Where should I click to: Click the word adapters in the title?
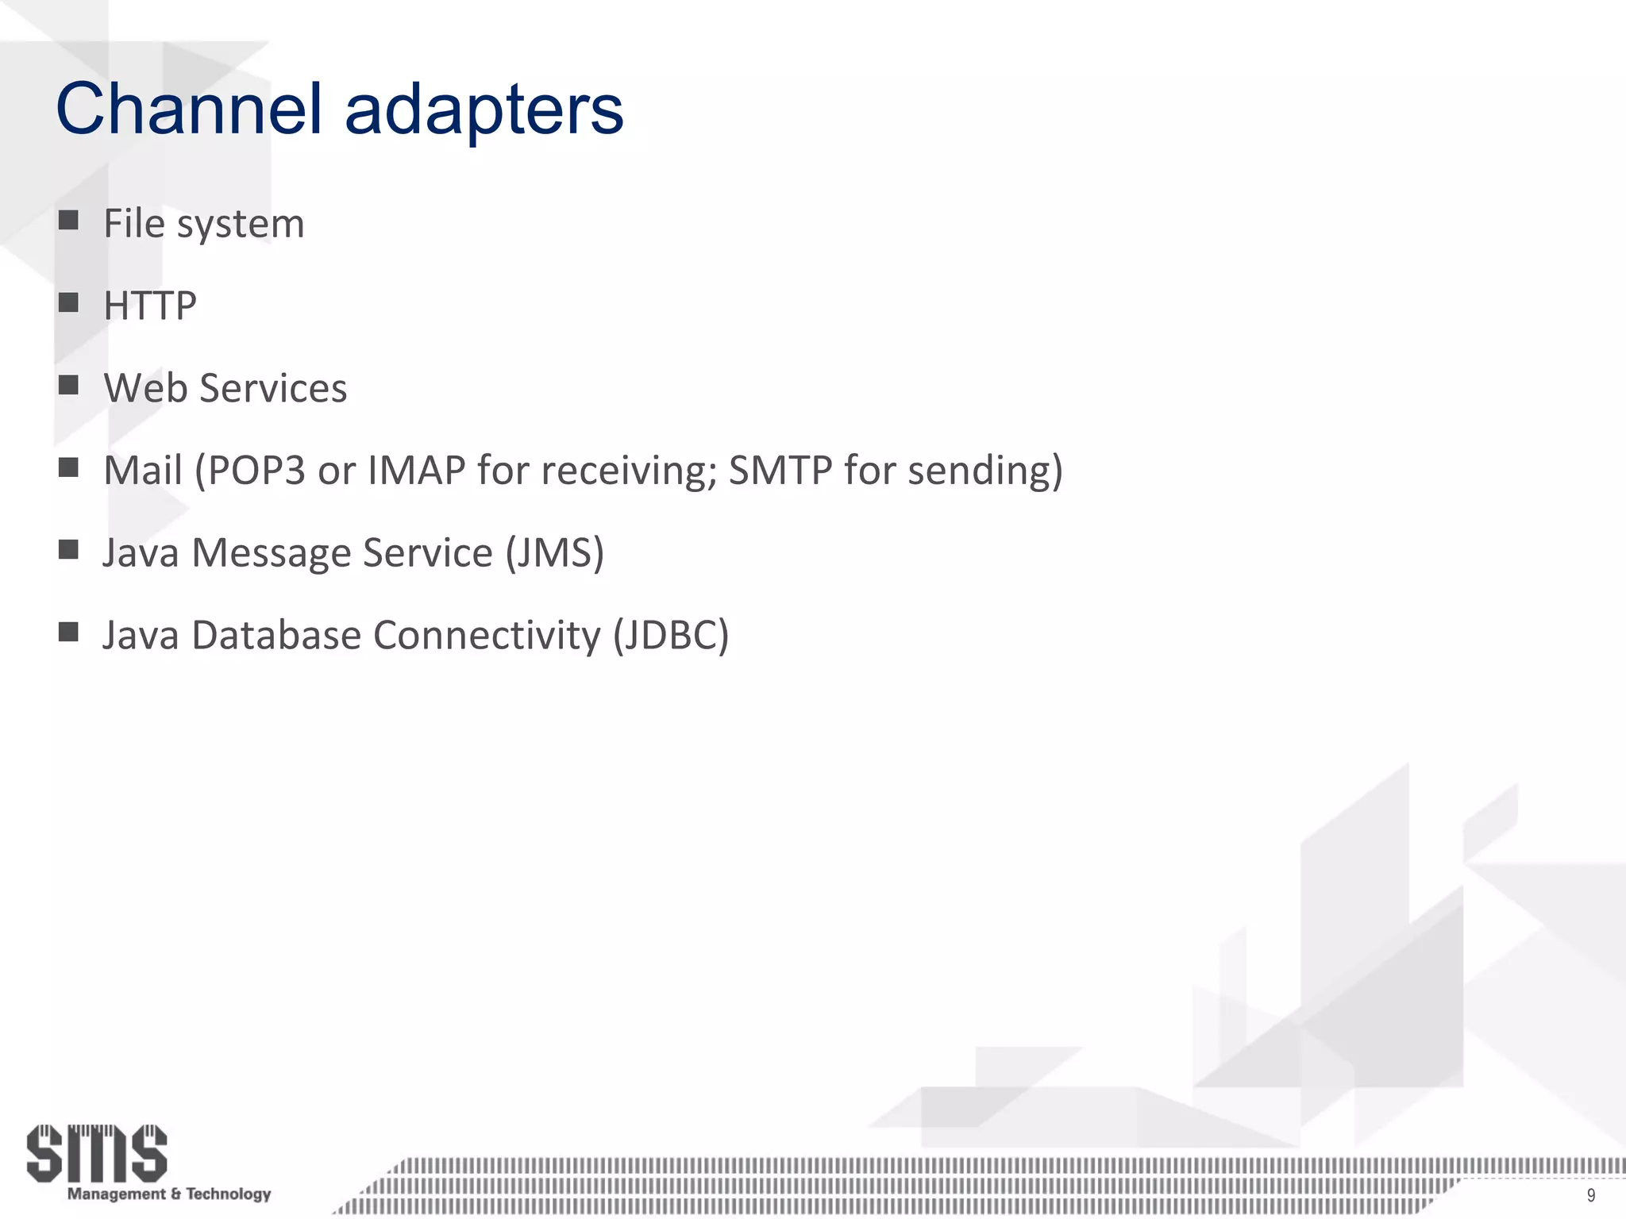(x=484, y=111)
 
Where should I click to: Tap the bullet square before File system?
(x=68, y=220)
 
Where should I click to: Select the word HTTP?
(x=150, y=306)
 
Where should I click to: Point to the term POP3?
(x=251, y=470)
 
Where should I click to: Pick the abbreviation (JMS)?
(x=555, y=553)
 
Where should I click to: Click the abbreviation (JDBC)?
(x=671, y=636)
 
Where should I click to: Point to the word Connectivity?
(x=487, y=636)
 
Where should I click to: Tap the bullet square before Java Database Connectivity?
(x=68, y=632)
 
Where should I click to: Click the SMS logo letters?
(x=97, y=1152)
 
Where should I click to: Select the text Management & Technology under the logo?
(x=169, y=1194)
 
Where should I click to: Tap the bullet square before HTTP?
(x=68, y=302)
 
